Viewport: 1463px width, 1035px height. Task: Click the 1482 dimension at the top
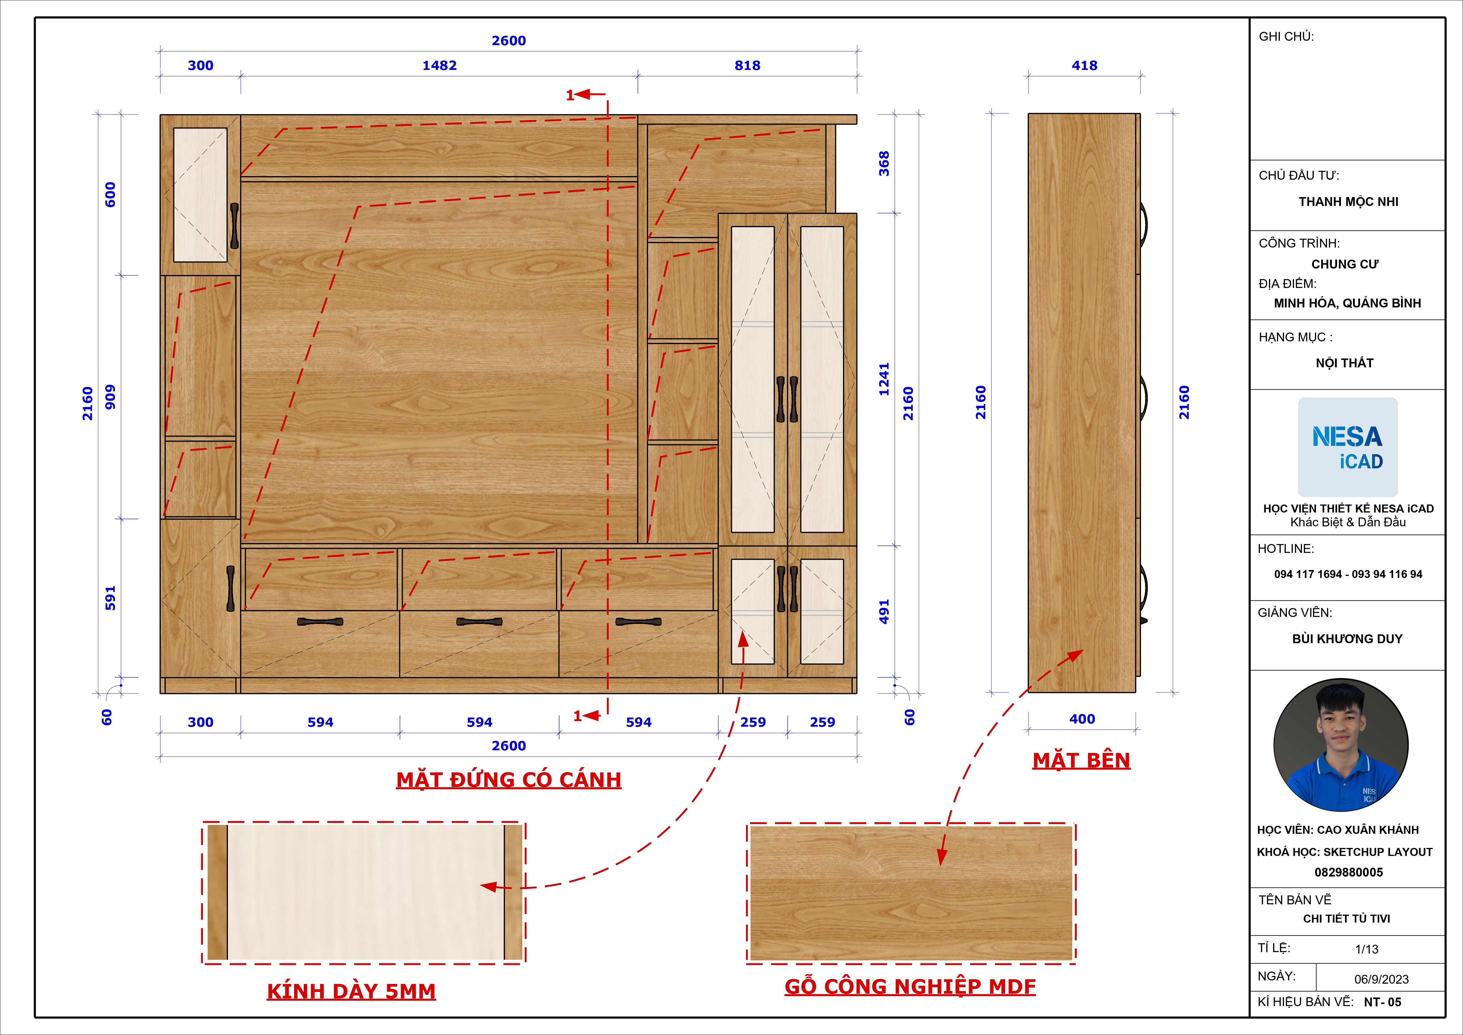click(x=440, y=65)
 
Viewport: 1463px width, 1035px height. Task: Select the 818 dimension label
click(x=748, y=65)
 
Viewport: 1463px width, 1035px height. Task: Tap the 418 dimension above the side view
click(x=1085, y=65)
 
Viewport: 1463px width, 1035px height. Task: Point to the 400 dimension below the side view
click(x=1082, y=719)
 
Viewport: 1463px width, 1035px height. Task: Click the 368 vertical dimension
click(x=884, y=164)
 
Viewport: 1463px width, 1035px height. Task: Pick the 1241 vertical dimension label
click(x=884, y=379)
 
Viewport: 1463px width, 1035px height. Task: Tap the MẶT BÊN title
click(x=1081, y=760)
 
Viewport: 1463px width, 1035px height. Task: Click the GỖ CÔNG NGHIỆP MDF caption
click(x=910, y=987)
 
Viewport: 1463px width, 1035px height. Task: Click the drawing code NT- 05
click(x=1383, y=1002)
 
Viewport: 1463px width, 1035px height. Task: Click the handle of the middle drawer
click(x=479, y=621)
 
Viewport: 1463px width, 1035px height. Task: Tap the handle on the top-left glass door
click(x=234, y=226)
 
